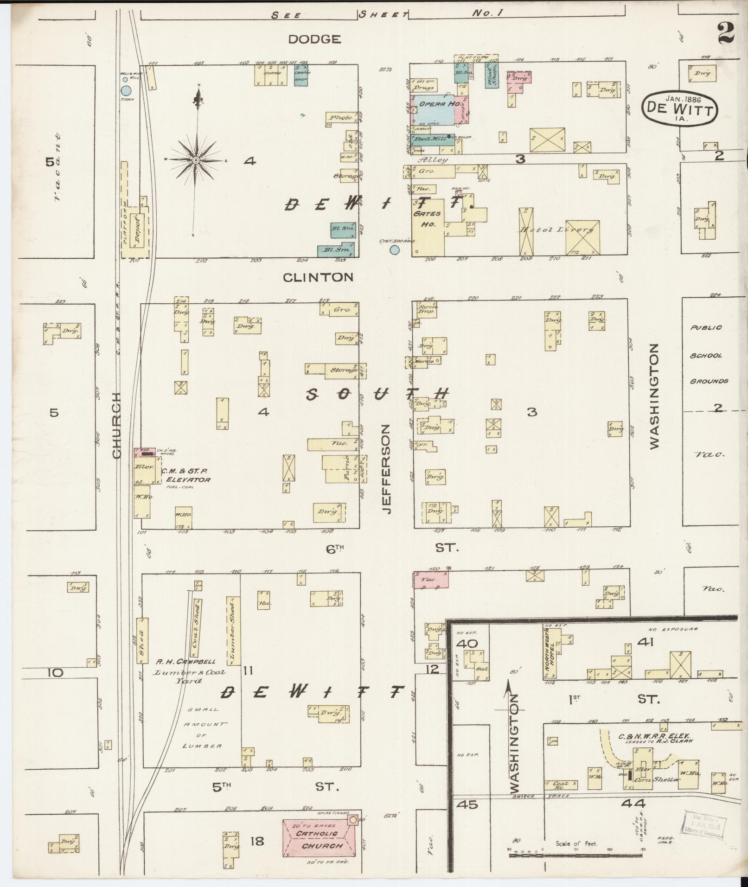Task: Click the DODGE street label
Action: coord(314,39)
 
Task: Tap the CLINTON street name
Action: coord(318,277)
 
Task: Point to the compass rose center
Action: coord(196,160)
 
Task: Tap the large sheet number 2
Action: coord(727,33)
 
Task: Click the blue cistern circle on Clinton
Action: coord(394,250)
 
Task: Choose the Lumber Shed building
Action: coord(230,631)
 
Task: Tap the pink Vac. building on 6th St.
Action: coord(431,580)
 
